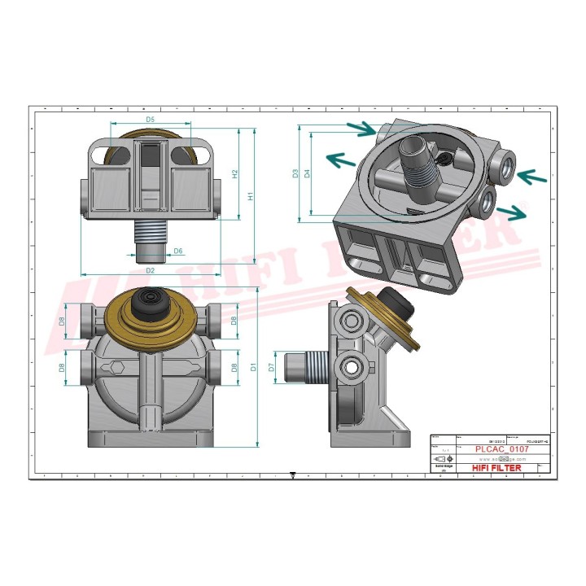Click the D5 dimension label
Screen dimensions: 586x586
click(x=151, y=120)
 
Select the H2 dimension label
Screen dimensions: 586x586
click(x=234, y=173)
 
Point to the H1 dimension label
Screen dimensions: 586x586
click(x=251, y=195)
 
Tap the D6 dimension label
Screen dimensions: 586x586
click(x=177, y=251)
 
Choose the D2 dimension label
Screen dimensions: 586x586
click(x=151, y=269)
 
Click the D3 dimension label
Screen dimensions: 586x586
click(x=295, y=173)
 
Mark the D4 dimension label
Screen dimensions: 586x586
click(x=308, y=173)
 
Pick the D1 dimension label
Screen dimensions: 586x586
click(x=253, y=368)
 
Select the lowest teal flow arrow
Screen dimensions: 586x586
click(x=512, y=212)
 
